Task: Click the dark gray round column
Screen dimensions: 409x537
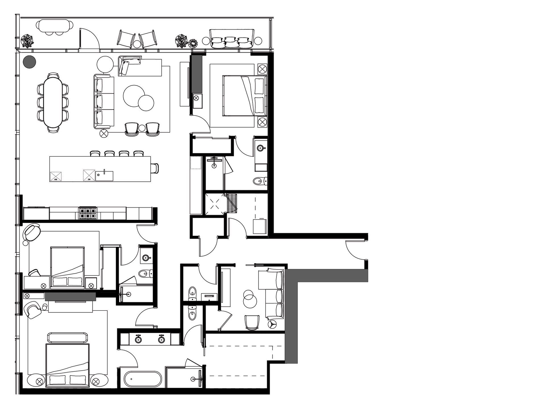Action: pyautogui.click(x=29, y=62)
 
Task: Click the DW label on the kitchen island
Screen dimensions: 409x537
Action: pyautogui.click(x=89, y=179)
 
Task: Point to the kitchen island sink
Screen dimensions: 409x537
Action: pyautogui.click(x=104, y=176)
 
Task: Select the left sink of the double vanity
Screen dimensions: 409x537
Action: pyautogui.click(x=139, y=339)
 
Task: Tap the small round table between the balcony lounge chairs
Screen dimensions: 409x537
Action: pyautogui.click(x=137, y=44)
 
